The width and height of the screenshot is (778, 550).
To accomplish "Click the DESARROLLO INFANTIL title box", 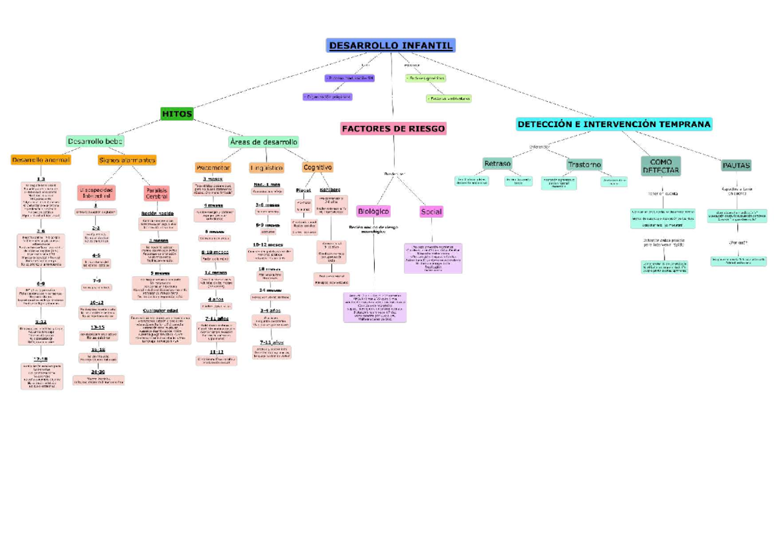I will point(391,45).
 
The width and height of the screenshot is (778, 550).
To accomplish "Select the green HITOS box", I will point(177,114).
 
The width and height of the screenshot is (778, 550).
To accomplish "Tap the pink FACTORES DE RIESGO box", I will point(394,128).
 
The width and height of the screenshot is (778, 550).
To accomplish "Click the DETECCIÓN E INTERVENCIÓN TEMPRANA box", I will point(614,124).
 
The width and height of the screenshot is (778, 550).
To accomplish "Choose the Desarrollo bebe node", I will point(95,141).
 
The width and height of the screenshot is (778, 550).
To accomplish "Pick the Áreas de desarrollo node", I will point(263,141).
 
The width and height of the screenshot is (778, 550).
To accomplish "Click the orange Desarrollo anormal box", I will point(41,160).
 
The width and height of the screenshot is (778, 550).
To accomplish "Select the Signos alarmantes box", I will point(127,160).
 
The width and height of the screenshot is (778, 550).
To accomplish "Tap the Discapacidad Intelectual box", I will point(97,193).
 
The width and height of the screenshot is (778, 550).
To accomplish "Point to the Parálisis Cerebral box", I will point(157,193).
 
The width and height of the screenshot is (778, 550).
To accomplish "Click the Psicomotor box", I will point(213,167).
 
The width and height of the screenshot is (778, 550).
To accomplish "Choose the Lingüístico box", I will point(266,167).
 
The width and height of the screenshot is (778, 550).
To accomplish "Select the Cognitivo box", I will point(318,167).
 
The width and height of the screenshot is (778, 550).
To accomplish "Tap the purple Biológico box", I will point(373,211).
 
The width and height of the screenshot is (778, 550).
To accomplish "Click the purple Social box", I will point(431,211).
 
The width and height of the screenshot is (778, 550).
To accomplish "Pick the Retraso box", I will point(497,163).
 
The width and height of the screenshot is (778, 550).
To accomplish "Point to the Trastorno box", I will point(583,165).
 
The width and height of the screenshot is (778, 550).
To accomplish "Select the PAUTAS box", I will point(736,165).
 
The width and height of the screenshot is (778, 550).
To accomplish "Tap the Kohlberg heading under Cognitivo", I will point(330,190).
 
